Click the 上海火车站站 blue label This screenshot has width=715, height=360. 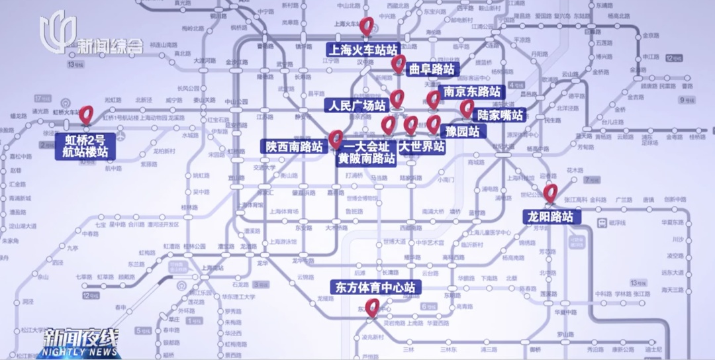363,50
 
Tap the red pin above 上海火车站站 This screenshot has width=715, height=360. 367,26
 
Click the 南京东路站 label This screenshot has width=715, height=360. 471,92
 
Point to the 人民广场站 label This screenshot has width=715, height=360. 356,105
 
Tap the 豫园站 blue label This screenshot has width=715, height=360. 463,131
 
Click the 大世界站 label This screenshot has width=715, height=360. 421,146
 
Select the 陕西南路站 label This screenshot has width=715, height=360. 295,146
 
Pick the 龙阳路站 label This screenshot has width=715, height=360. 551,216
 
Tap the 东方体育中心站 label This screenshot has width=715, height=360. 375,287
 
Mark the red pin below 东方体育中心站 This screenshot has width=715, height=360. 373,307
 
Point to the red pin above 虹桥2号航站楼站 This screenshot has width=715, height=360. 85,114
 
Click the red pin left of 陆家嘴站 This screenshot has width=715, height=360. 467,108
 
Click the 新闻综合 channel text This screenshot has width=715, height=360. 109,46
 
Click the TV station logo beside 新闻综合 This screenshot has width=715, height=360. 57,32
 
